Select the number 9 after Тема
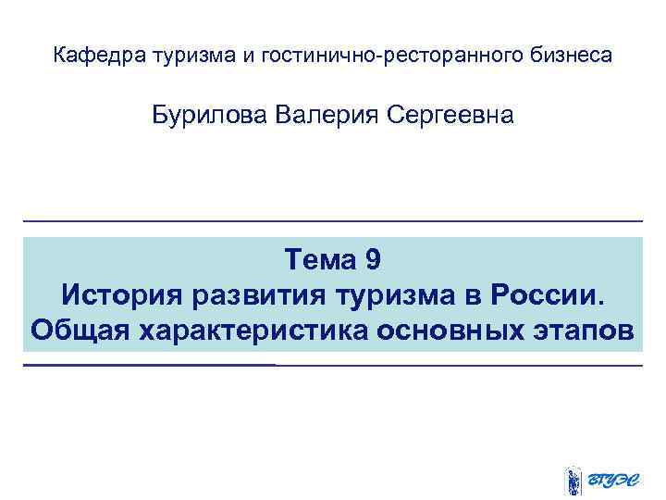[372, 260]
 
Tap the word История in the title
[122, 295]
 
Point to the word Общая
[80, 330]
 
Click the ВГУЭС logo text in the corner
[614, 480]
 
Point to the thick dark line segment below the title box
[149, 365]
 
